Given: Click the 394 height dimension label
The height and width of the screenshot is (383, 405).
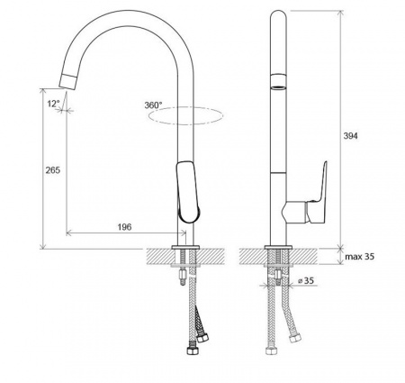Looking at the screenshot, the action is [350, 136].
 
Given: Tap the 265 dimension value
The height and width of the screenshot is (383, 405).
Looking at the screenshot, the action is [53, 170].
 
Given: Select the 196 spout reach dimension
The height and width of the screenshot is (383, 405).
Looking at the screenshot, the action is [124, 227].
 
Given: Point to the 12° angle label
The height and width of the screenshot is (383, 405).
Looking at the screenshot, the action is [53, 104].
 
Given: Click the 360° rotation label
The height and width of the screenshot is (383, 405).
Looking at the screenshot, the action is [153, 105].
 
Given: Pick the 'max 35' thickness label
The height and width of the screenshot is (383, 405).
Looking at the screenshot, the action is [359, 257].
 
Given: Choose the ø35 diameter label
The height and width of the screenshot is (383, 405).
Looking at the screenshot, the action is [306, 280].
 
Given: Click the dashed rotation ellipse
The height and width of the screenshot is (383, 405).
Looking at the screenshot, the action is [185, 123].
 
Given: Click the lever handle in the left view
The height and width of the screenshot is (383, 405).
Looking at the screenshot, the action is [188, 192].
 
